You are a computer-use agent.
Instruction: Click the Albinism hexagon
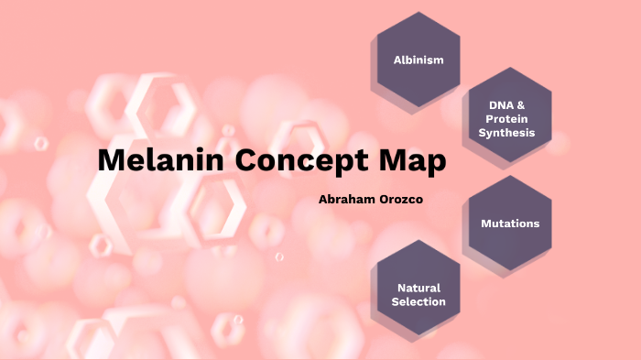(x=418, y=60)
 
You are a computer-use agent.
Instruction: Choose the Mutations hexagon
(x=510, y=224)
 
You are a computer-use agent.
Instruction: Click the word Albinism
(x=418, y=60)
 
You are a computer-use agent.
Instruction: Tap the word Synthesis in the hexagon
(x=506, y=134)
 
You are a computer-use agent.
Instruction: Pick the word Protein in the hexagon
(x=506, y=120)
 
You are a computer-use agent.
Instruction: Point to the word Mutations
(x=510, y=224)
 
